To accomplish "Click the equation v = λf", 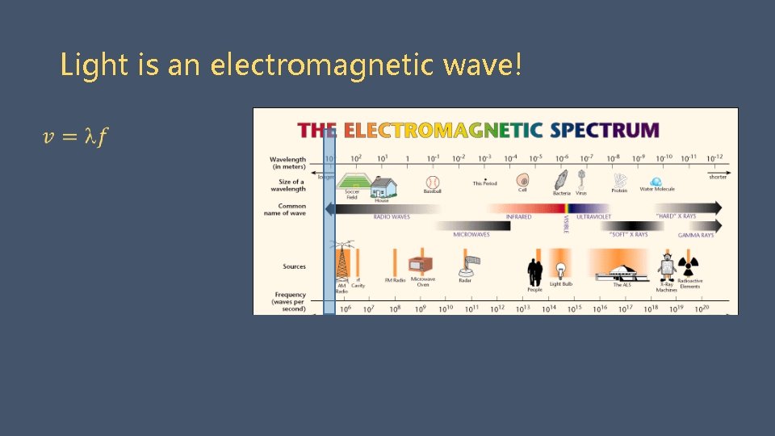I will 74,137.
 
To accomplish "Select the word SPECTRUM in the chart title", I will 604,130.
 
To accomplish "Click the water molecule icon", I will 656,182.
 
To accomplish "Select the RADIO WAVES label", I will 392,217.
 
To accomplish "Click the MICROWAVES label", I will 471,234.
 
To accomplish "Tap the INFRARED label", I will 518,217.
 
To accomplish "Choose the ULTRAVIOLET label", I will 593,217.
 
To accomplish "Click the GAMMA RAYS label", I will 695,235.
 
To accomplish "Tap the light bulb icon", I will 560,269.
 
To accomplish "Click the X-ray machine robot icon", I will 667,267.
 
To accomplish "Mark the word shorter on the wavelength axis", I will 717,177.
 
